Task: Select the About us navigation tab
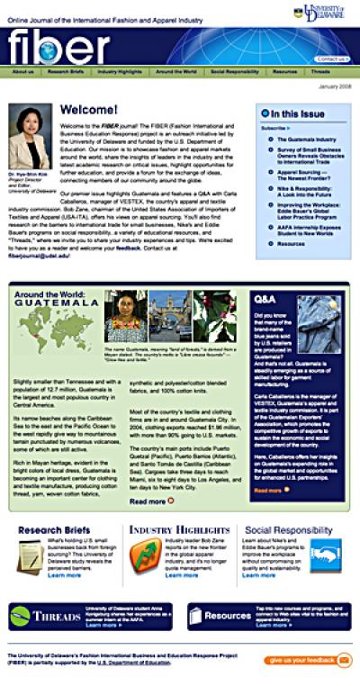point(22,71)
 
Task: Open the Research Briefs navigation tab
point(66,71)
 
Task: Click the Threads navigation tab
point(321,71)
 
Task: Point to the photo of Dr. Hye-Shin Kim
point(29,133)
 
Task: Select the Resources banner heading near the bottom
point(228,617)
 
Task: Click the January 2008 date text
point(333,86)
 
